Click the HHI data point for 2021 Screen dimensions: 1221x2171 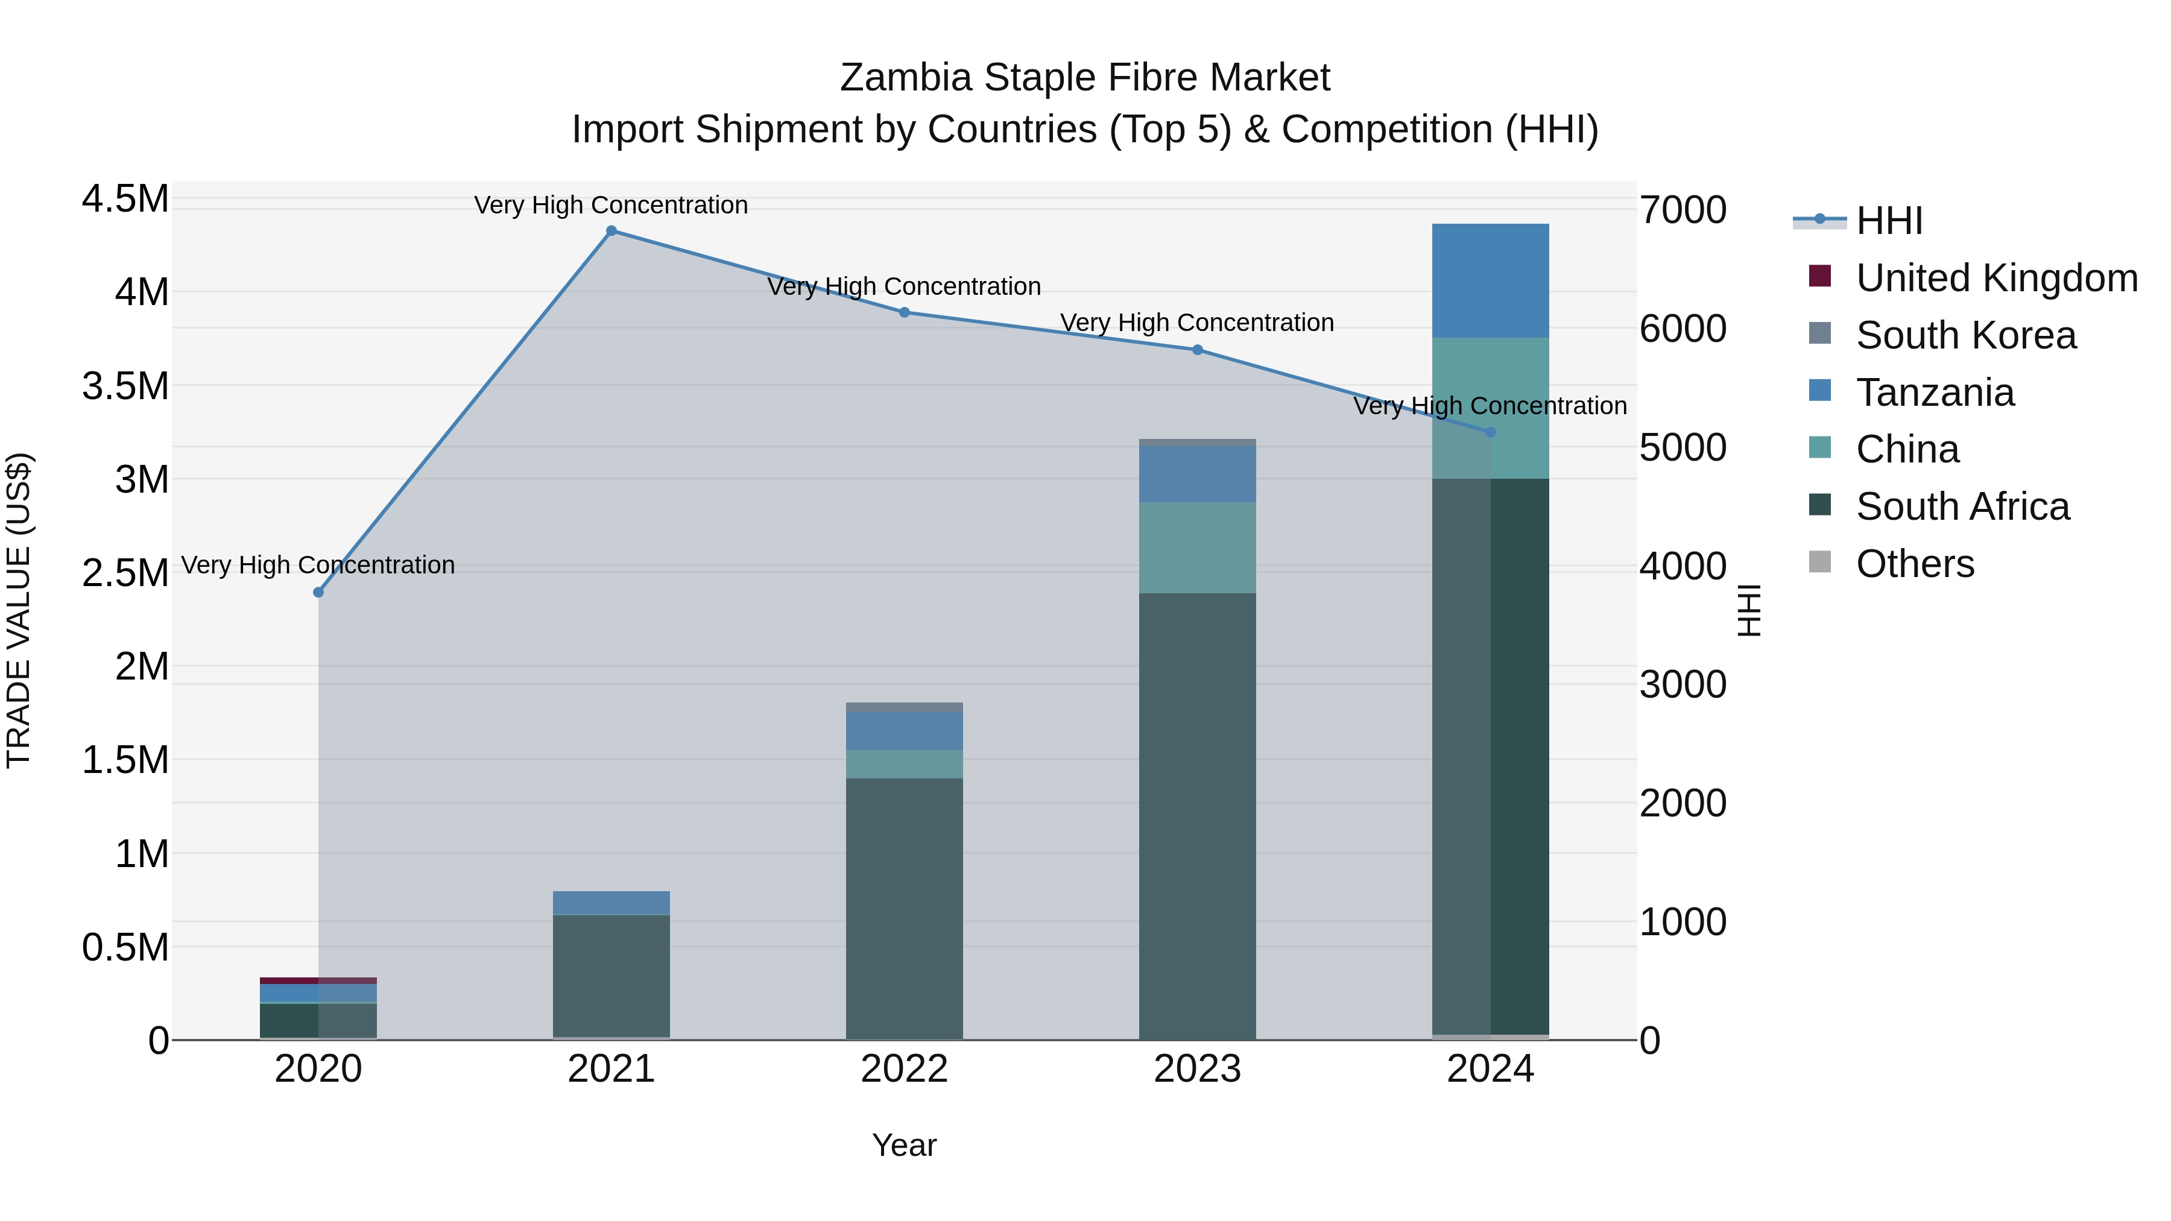pos(611,231)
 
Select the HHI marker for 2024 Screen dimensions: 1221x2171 pos(1490,432)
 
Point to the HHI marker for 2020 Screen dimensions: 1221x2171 pos(318,592)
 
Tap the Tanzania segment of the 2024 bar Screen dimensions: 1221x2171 pos(1490,280)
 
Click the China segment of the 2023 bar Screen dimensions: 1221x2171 pos(1196,547)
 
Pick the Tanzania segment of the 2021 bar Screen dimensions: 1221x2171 pos(611,903)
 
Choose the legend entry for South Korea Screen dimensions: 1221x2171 pos(1965,335)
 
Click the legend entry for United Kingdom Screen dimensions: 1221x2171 pos(1996,278)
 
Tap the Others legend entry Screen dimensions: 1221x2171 pos(1914,564)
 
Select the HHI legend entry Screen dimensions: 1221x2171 pos(1889,221)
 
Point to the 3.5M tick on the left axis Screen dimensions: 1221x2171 pos(125,386)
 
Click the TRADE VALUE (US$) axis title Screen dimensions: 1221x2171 pos(19,610)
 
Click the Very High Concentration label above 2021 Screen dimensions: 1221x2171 pos(611,205)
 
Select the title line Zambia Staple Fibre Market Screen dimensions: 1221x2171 pos(1085,78)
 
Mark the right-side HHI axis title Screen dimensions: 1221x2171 pos(1749,610)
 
